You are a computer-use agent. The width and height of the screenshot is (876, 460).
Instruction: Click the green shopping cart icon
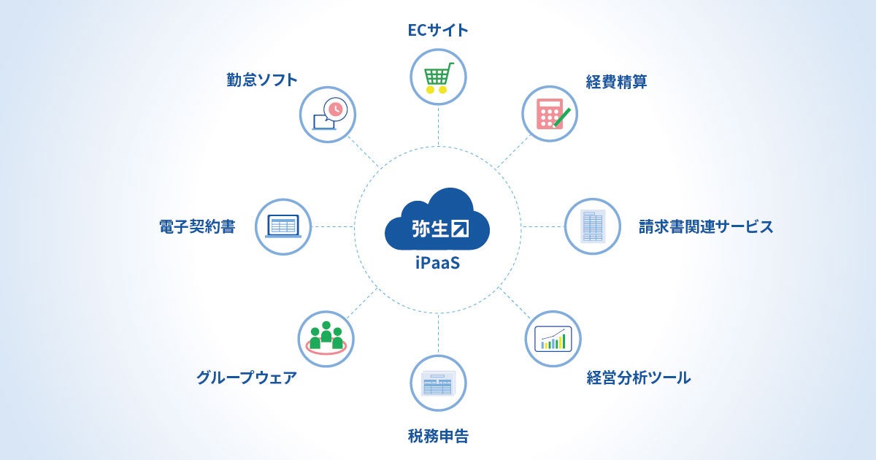tap(438, 76)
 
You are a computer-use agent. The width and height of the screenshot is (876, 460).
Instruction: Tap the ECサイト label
tap(438, 30)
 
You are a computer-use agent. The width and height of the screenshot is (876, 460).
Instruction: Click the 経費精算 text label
tap(617, 82)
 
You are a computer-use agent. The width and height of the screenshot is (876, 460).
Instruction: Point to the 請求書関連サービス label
tap(705, 226)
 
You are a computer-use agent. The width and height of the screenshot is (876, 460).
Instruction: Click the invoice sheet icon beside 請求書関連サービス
tap(593, 226)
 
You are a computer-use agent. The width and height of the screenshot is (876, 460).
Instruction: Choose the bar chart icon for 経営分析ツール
tap(553, 338)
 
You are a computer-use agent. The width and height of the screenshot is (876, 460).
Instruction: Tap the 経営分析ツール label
tap(638, 378)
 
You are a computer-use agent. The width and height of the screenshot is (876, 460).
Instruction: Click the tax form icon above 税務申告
tap(438, 383)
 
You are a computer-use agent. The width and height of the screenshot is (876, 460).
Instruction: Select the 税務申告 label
tap(438, 437)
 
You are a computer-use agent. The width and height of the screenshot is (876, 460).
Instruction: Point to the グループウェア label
tap(247, 378)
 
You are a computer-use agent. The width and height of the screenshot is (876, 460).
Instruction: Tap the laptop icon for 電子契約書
tap(283, 226)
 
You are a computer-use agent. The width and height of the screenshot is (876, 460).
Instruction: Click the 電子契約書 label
tap(197, 226)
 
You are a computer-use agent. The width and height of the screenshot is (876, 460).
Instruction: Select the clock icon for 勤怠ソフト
tap(327, 114)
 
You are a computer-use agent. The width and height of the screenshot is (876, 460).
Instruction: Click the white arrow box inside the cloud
tap(461, 228)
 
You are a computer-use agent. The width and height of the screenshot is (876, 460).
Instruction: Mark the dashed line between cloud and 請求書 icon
tap(544, 226)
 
